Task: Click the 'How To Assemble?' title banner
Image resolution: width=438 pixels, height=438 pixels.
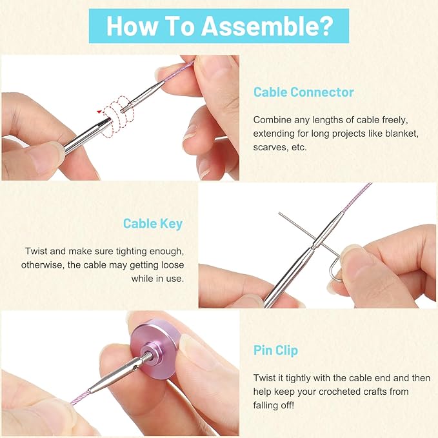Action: pos(219,26)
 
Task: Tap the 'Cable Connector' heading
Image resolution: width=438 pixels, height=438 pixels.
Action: pos(303,92)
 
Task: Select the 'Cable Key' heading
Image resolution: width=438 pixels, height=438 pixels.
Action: pos(153,224)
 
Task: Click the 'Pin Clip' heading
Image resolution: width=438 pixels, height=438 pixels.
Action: pos(275,350)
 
